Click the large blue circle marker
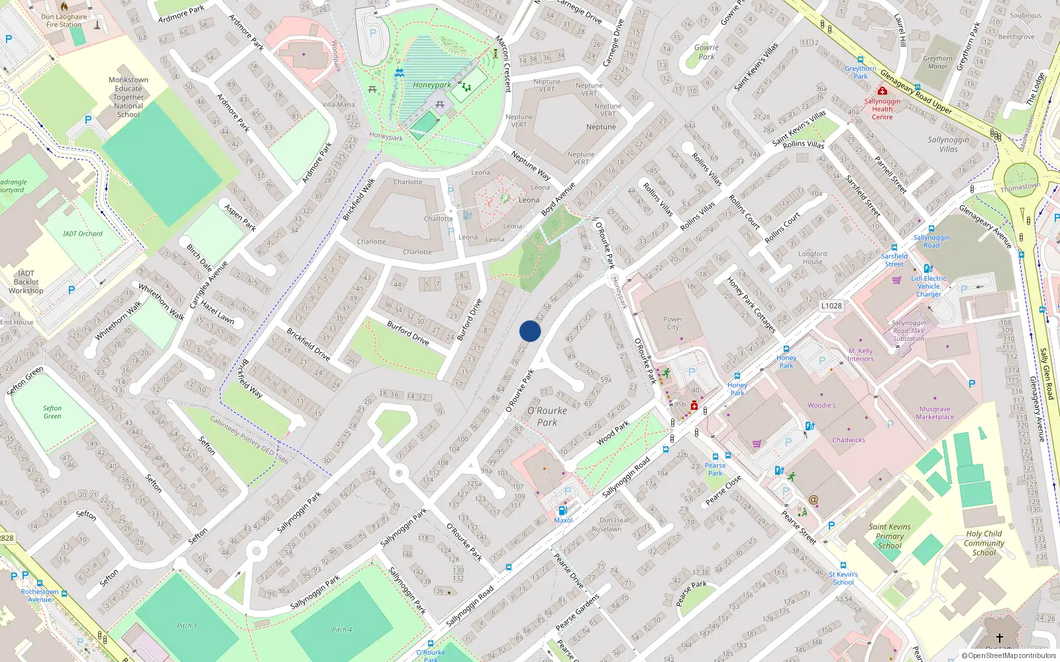[x=530, y=331]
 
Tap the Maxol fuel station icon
[x=562, y=510]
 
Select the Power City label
[x=672, y=323]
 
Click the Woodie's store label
[x=821, y=405]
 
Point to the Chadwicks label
[x=849, y=440]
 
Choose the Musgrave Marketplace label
[x=935, y=413]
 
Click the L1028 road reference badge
[x=831, y=306]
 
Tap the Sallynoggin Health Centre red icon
[x=882, y=91]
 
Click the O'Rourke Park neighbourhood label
[x=547, y=416]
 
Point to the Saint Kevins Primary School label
[x=890, y=536]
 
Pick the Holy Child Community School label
[x=984, y=543]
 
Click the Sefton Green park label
[x=52, y=412]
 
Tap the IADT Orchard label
[x=83, y=234]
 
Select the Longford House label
[x=812, y=258]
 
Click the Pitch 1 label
[x=187, y=626]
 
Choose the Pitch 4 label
[x=342, y=630]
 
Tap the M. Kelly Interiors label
[x=861, y=355]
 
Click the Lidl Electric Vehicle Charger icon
[x=928, y=269]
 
